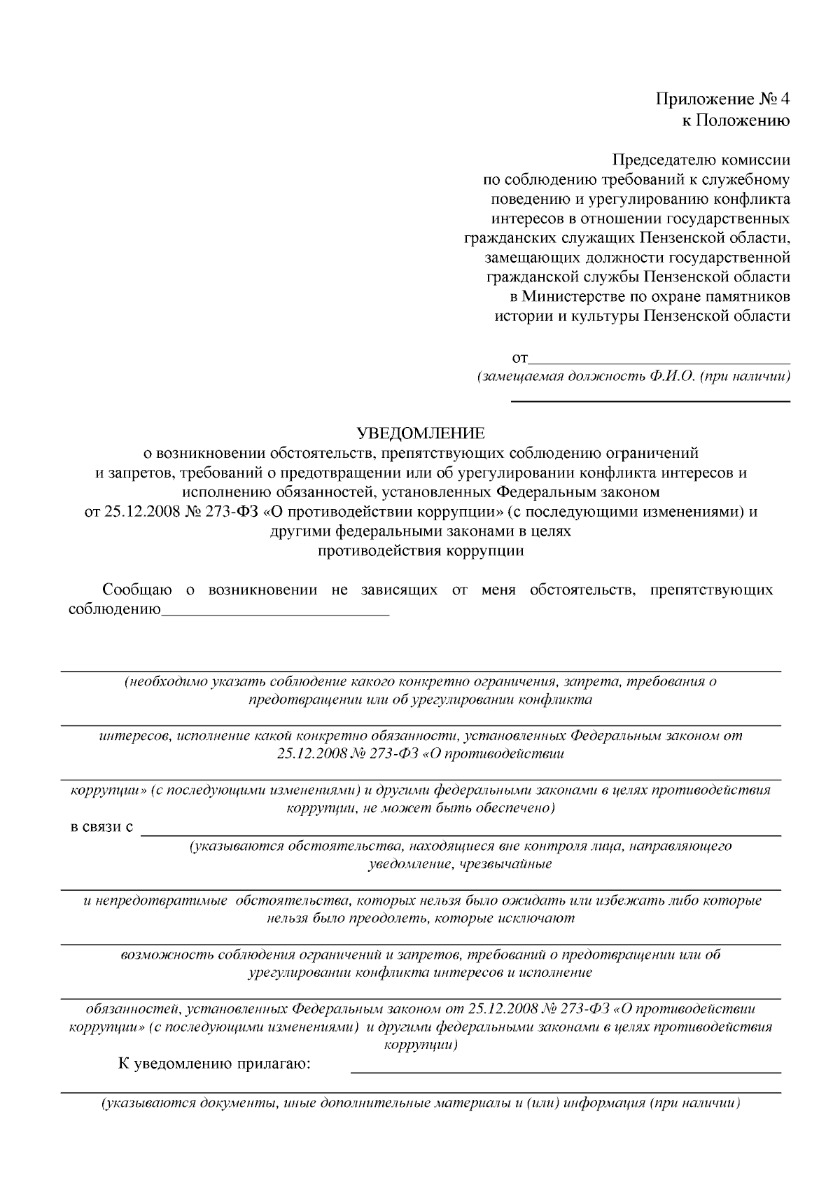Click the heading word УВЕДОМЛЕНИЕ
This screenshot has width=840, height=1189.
coord(420,434)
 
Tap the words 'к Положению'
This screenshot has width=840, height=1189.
coord(736,120)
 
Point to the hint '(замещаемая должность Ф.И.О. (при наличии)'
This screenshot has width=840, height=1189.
coord(633,377)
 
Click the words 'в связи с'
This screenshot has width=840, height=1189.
coord(101,828)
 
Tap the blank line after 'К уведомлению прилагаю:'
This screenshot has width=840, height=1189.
coord(565,1071)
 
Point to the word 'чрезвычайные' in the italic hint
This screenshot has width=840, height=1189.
coord(506,864)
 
